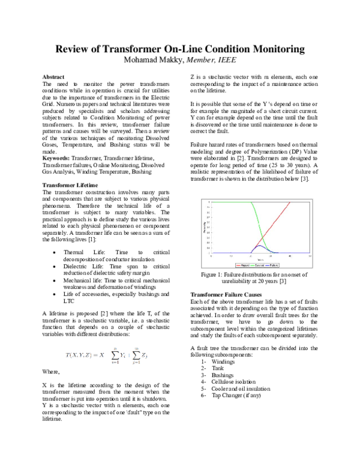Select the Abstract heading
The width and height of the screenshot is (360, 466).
55,77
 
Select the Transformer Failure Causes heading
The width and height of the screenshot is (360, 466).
226,295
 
